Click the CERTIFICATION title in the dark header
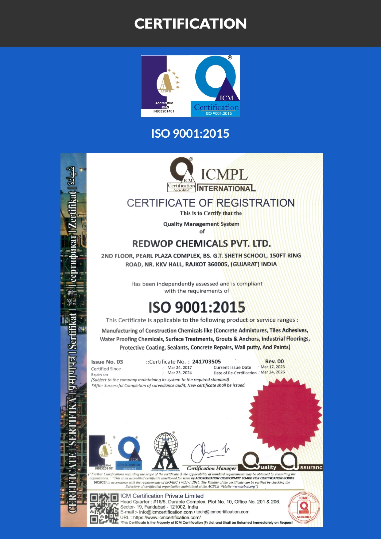[190, 24]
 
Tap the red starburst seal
[285, 414]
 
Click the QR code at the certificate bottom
[104, 508]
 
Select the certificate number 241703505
[206, 362]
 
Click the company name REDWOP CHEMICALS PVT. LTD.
[201, 244]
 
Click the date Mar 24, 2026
[273, 372]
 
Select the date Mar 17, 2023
[273, 367]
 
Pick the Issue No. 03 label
[107, 362]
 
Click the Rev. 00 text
[274, 361]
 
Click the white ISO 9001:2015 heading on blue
[190, 134]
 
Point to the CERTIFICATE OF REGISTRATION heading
[211, 203]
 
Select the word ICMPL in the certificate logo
[224, 175]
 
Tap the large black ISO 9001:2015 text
[197, 307]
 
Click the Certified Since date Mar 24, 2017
[180, 368]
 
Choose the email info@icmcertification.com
[165, 512]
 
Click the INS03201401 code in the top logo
[164, 111]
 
